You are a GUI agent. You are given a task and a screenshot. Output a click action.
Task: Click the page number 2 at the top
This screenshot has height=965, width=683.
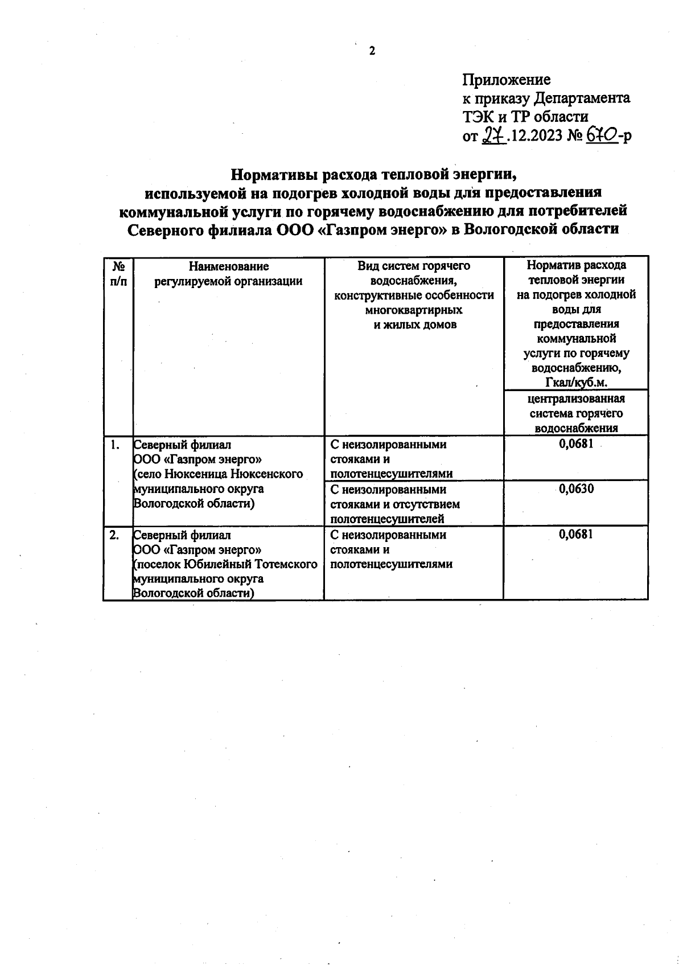click(x=372, y=52)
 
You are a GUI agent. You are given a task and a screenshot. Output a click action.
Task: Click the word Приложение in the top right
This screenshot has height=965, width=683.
click(x=506, y=80)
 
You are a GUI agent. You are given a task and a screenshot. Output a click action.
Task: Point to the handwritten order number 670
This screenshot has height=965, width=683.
click(x=602, y=135)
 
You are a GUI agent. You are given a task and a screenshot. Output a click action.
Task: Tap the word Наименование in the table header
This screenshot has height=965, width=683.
click(x=228, y=266)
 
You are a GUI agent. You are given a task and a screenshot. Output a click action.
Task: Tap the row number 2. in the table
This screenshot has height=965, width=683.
click(x=114, y=535)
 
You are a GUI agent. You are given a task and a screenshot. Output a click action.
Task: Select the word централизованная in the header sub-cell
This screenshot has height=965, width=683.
click(x=576, y=399)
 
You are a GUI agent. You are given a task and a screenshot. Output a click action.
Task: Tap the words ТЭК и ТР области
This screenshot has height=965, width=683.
click(x=525, y=117)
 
